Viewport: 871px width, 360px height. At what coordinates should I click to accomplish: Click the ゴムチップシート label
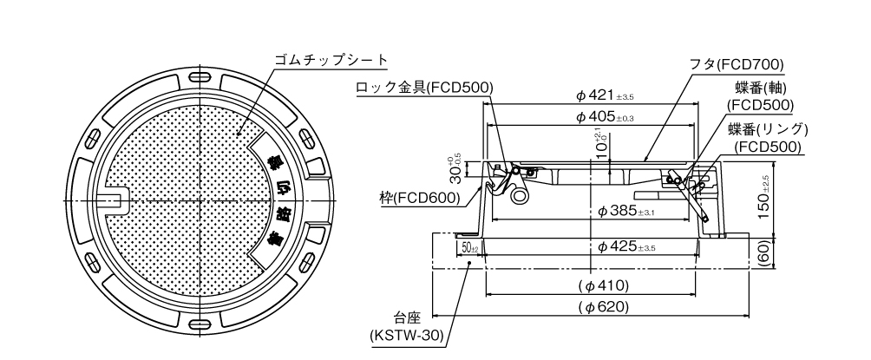(x=331, y=60)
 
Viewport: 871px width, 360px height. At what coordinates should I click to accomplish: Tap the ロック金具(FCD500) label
(x=424, y=88)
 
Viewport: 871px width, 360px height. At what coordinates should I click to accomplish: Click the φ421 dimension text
(x=605, y=96)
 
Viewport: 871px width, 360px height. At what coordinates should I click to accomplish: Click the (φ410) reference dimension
(x=603, y=286)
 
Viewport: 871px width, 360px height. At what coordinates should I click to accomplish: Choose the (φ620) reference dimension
(x=603, y=307)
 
